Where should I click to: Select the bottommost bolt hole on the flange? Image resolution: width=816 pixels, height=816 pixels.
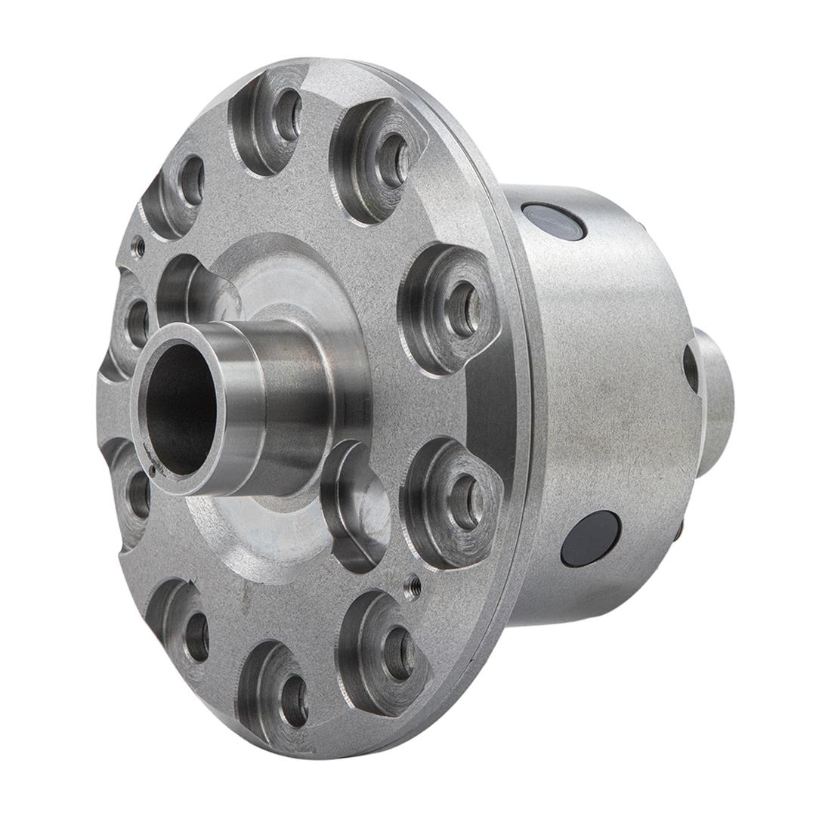(294, 700)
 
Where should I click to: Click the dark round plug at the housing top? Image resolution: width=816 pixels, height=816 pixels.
(554, 221)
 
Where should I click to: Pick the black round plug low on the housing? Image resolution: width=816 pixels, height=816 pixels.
(591, 538)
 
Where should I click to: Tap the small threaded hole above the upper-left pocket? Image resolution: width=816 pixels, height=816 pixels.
(138, 246)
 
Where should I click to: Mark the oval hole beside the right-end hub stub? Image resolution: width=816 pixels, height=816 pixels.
(691, 368)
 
